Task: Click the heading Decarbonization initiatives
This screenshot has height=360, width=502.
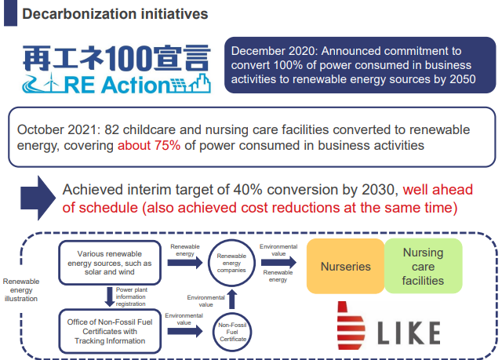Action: pos(115,14)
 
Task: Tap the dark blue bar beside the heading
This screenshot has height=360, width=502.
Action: pos(10,13)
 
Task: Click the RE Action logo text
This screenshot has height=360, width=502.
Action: pos(117,85)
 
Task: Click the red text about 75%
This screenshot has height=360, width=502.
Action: pos(149,146)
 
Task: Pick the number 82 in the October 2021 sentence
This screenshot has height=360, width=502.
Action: pos(111,130)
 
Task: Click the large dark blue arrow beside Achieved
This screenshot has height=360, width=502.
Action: pos(38,198)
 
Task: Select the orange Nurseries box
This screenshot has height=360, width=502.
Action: pos(345,266)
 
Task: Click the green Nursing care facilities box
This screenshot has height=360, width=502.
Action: pos(424,266)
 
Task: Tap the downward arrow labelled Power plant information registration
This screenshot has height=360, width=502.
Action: pos(110,296)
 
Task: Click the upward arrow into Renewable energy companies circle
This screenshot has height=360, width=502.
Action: pos(232,300)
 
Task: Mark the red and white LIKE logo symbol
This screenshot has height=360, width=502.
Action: pos(351,325)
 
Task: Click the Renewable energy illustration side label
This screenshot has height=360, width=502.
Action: pos(21,290)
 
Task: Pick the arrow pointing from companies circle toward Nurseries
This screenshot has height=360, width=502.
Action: pos(278,263)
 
